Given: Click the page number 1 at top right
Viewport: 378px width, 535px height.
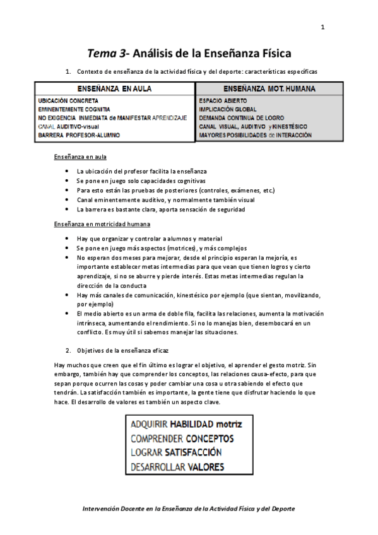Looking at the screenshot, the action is tap(322, 27).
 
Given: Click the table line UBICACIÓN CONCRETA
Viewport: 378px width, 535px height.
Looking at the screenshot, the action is tap(68, 100).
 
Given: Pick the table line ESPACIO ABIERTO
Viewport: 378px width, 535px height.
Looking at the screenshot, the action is tap(223, 100).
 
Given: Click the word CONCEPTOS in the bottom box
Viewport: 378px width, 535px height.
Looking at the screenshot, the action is tap(210, 438).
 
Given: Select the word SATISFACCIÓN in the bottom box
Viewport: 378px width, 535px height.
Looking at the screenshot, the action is tap(193, 452).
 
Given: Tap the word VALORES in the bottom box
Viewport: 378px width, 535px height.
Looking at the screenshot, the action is tap(206, 467).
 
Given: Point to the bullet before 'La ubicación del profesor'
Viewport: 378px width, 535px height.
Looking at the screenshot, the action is tap(68, 172).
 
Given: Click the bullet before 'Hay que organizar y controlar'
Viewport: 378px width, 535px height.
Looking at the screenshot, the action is tap(68, 239).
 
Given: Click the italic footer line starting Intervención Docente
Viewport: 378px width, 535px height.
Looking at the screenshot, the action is tap(189, 508).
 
